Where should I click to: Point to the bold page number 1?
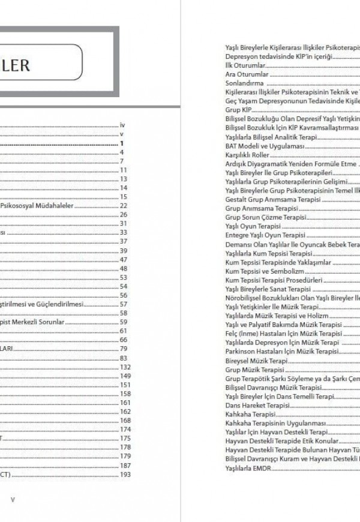[x=121, y=143]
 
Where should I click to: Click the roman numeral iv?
[x=122, y=125]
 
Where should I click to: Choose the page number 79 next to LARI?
[x=124, y=349]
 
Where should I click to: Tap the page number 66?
[x=124, y=340]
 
